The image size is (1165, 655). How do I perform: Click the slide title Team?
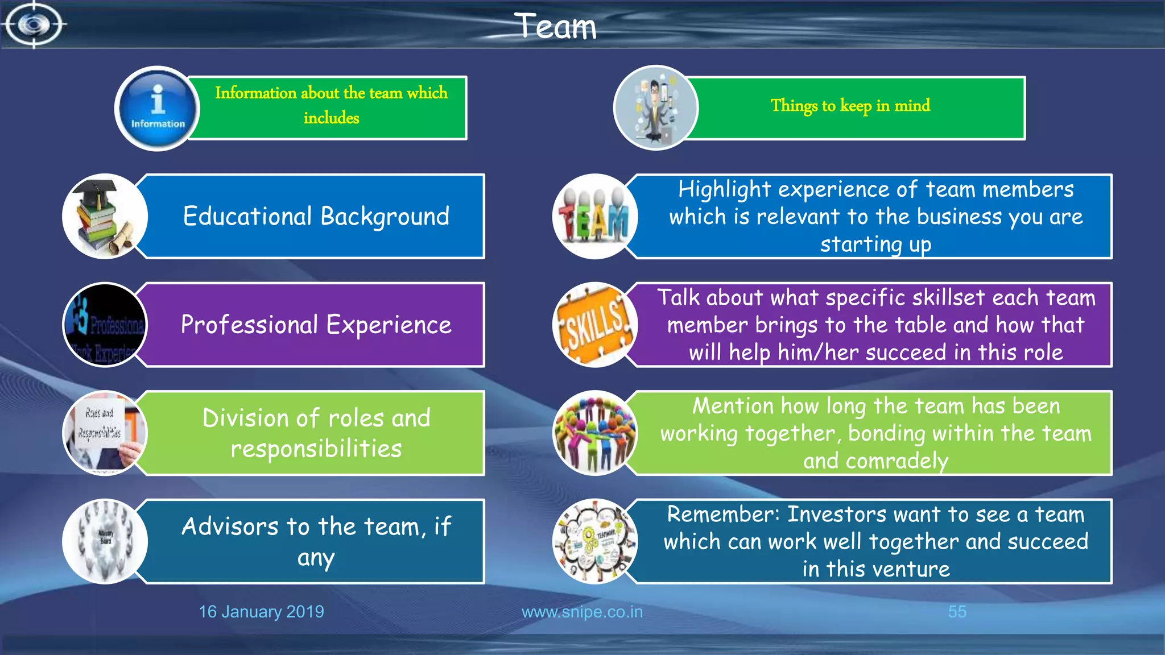tap(556, 26)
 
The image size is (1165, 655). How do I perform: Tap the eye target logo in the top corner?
tap(34, 24)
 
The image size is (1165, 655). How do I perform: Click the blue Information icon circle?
tap(158, 108)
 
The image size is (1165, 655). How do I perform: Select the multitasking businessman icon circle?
tap(655, 108)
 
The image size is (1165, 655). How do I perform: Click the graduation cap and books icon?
tap(105, 217)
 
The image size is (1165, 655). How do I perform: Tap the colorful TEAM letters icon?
tap(594, 217)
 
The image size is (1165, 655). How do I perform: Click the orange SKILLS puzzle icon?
tap(594, 325)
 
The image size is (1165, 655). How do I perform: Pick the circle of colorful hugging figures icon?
tap(594, 433)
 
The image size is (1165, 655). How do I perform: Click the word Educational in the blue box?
tap(247, 217)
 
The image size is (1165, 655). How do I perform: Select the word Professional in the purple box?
tap(249, 325)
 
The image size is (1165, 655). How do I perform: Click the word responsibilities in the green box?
tap(316, 449)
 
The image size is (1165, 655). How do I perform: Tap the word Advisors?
tap(229, 527)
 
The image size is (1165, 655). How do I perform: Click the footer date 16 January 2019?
tap(261, 612)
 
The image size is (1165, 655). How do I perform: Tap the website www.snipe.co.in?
tap(582, 612)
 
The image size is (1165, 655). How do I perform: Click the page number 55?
tap(957, 612)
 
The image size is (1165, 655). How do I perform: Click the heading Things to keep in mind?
tap(850, 106)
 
